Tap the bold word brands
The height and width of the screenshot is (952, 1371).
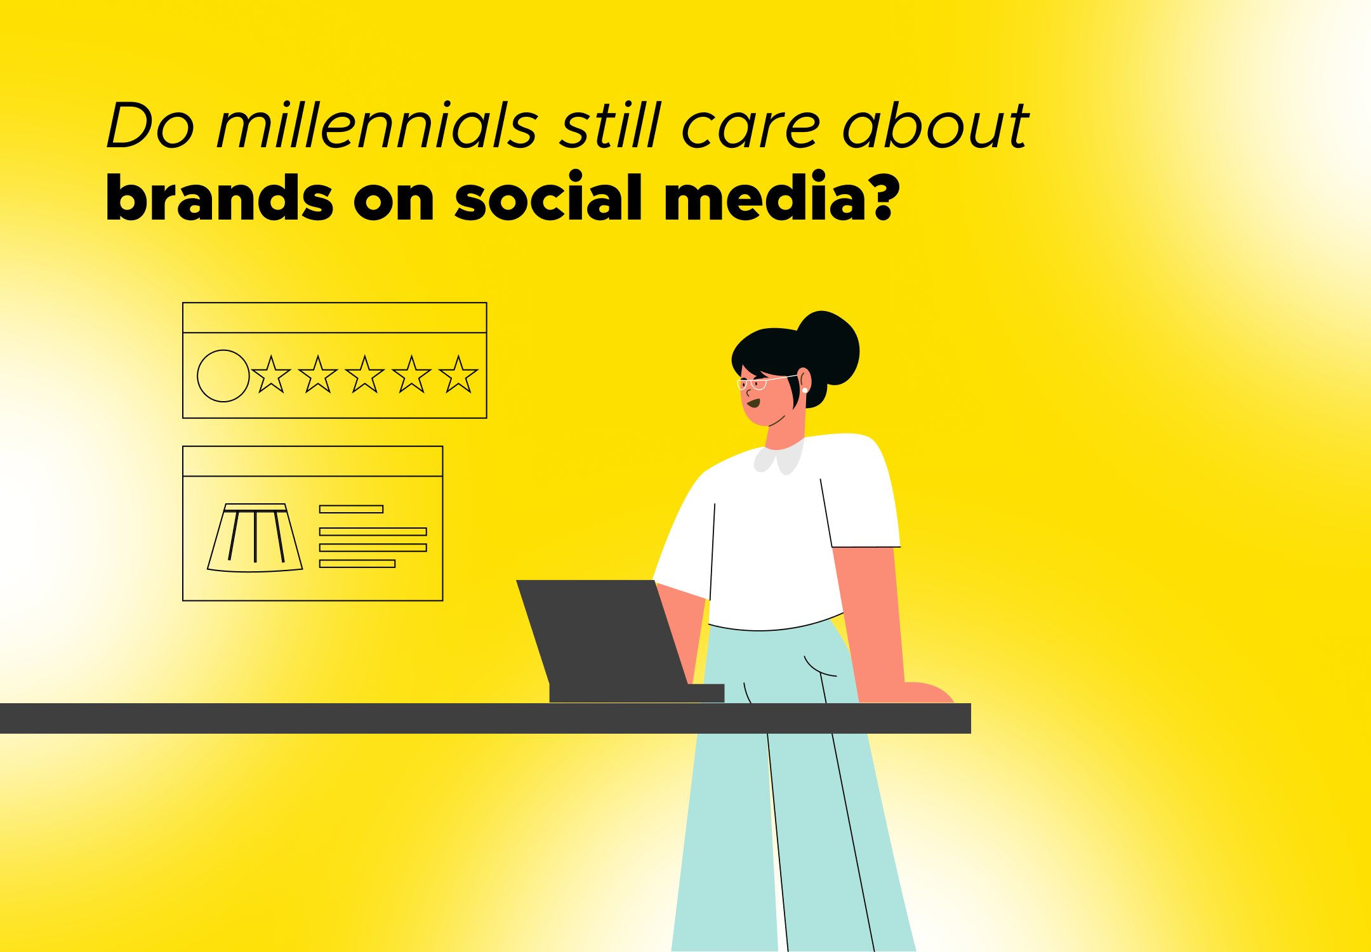coord(219,198)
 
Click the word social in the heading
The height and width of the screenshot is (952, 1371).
coord(549,198)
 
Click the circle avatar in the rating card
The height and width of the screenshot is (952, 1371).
coord(223,376)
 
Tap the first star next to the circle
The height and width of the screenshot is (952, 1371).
coord(271,375)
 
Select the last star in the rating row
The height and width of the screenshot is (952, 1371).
coord(458,375)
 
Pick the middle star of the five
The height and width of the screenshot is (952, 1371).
coord(364,375)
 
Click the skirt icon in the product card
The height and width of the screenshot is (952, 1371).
coord(255,538)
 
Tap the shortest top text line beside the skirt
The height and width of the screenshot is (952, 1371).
coord(351,509)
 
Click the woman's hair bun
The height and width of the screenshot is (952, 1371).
coord(829,346)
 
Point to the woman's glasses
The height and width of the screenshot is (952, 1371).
coord(755,383)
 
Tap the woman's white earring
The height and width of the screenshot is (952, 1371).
coord(805,390)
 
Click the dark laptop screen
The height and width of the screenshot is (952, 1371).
coord(600,631)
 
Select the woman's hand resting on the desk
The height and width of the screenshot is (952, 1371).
coord(927,693)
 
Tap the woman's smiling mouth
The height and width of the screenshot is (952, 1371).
coord(753,403)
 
